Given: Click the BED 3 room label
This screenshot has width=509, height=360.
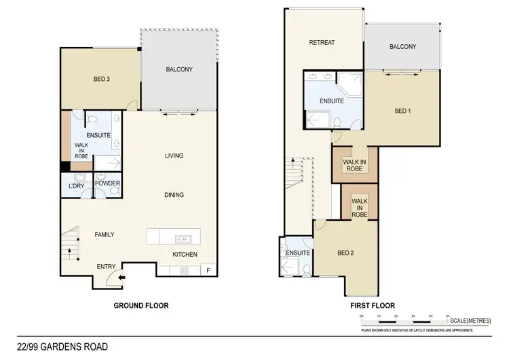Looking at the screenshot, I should [x=102, y=79].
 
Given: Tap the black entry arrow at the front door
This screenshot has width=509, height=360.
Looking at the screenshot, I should [x=121, y=276].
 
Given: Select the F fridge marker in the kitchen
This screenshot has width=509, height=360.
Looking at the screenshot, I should [x=208, y=270].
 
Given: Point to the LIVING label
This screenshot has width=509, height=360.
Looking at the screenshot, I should [x=174, y=156].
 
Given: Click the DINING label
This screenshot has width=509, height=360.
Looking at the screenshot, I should [x=174, y=195].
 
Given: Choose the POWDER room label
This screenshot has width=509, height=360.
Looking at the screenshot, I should [x=107, y=183].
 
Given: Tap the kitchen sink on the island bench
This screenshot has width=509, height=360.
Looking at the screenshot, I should [x=183, y=238].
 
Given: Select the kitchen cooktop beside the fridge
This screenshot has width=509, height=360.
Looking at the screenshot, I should [x=184, y=270].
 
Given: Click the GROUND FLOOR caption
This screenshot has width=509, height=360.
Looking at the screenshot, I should [x=140, y=306].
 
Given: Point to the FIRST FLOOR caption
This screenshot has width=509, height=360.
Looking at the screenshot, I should [x=372, y=306].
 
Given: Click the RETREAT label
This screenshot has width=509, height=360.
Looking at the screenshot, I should [x=322, y=43].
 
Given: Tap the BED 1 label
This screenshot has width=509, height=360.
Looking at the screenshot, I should [x=403, y=111].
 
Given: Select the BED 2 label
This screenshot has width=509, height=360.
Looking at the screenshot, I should [x=346, y=253].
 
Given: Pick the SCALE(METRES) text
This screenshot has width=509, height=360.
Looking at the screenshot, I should [x=470, y=321].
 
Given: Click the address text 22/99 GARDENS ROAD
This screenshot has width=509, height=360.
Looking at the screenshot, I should [x=62, y=347].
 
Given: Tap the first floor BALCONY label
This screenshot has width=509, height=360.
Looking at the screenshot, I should [x=403, y=47].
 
